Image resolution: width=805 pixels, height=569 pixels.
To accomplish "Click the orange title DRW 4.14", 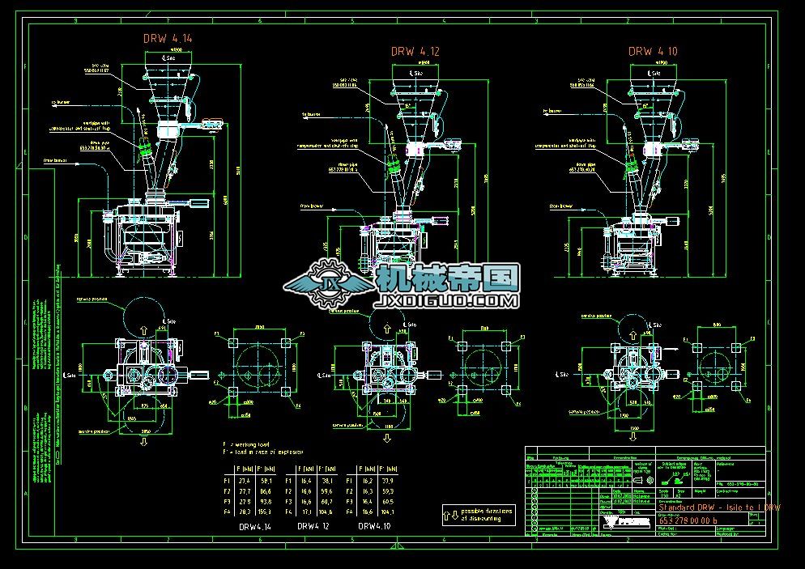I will [168, 38].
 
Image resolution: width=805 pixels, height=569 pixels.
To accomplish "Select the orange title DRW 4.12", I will [415, 51].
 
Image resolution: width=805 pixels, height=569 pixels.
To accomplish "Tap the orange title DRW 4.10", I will [653, 51].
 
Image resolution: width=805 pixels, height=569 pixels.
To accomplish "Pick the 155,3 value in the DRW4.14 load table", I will [264, 512].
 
